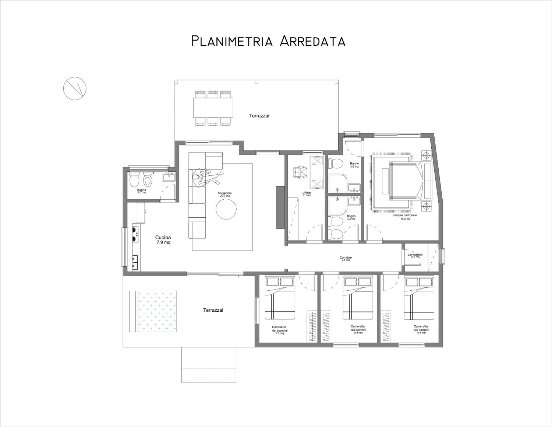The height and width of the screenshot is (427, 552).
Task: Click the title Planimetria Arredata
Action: pyautogui.click(x=268, y=41)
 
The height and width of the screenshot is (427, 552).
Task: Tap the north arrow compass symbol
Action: pyautogui.click(x=75, y=88)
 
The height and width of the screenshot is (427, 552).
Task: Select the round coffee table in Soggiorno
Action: pyautogui.click(x=226, y=209)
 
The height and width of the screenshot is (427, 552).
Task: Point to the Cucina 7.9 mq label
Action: pyautogui.click(x=163, y=240)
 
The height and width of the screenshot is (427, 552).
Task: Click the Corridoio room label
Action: pyautogui.click(x=346, y=258)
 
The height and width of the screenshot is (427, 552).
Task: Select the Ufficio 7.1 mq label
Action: pyautogui.click(x=307, y=194)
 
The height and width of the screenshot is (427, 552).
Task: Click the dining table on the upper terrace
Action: pyautogui.click(x=213, y=108)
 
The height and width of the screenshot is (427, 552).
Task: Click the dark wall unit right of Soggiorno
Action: pyautogui.click(x=280, y=207)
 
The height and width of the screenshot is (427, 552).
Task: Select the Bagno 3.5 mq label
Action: pyautogui.click(x=354, y=165)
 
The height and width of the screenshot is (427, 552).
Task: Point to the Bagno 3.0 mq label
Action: pyautogui.click(x=141, y=191)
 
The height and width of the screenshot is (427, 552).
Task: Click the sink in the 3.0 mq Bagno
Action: pyautogui.click(x=169, y=177)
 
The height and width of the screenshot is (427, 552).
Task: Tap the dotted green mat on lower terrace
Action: pyautogui.click(x=157, y=311)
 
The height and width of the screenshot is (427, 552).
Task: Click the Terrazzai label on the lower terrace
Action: pyautogui.click(x=213, y=310)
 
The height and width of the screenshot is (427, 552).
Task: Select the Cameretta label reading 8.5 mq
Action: pyautogui.click(x=358, y=330)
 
